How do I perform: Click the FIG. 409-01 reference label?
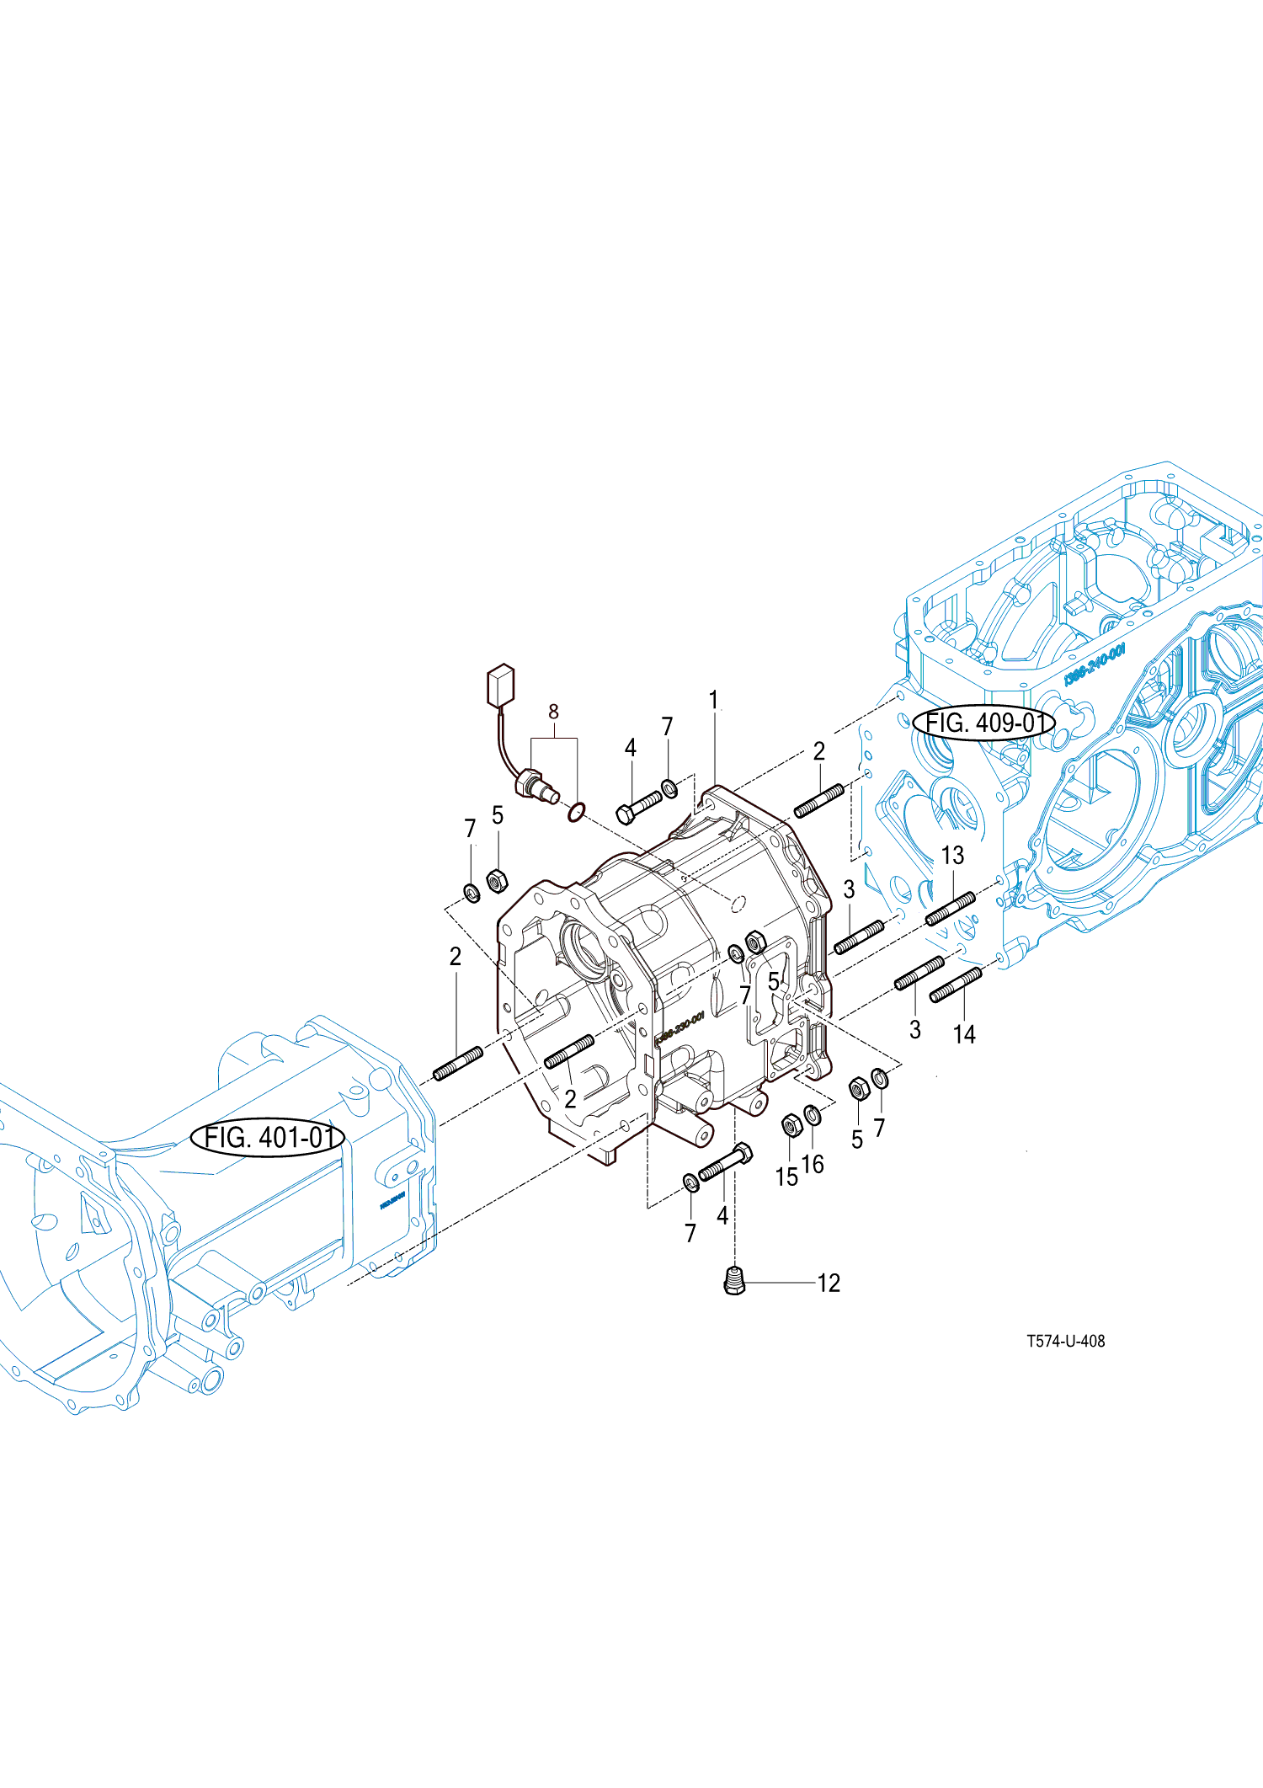tap(983, 723)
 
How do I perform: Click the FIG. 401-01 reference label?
tap(268, 1138)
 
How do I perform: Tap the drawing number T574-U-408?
tap(1065, 1341)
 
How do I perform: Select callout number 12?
tap(829, 1284)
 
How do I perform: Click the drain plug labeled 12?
tap(734, 1281)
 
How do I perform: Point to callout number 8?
tap(553, 712)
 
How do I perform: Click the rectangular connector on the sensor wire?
tap(500, 685)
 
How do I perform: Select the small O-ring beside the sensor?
tap(576, 813)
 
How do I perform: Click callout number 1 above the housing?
tap(713, 700)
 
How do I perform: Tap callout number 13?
tap(952, 856)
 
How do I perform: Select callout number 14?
tap(964, 1034)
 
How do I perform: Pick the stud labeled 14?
tap(956, 985)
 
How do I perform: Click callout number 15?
tap(786, 1177)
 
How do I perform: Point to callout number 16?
tap(813, 1164)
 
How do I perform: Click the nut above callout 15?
tap(791, 1124)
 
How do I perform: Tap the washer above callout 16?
tap(813, 1115)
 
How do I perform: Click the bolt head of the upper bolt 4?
tap(625, 814)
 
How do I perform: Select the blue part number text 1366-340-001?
tap(1094, 664)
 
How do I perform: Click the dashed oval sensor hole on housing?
tap(738, 904)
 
